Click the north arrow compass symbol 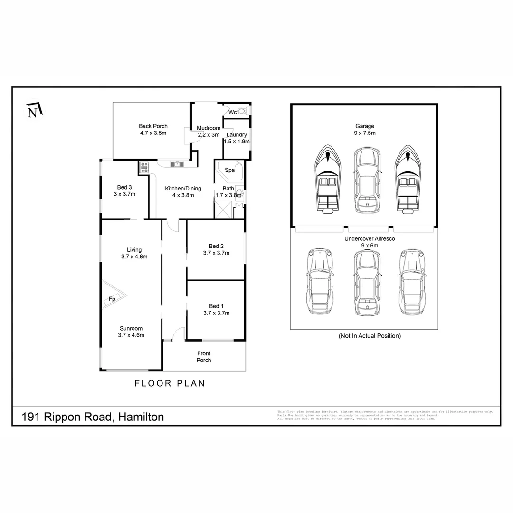[34, 111]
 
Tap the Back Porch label [153, 126]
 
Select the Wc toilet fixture [242, 112]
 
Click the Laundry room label [237, 135]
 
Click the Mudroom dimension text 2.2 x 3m [209, 135]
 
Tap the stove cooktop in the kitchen [144, 167]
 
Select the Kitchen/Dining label [183, 189]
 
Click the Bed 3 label [124, 187]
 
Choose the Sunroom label [131, 328]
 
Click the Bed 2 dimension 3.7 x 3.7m [216, 253]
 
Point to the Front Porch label [204, 357]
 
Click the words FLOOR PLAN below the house [170, 383]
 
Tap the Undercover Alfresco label [370, 239]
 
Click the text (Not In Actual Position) [370, 336]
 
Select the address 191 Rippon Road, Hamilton [93, 417]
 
